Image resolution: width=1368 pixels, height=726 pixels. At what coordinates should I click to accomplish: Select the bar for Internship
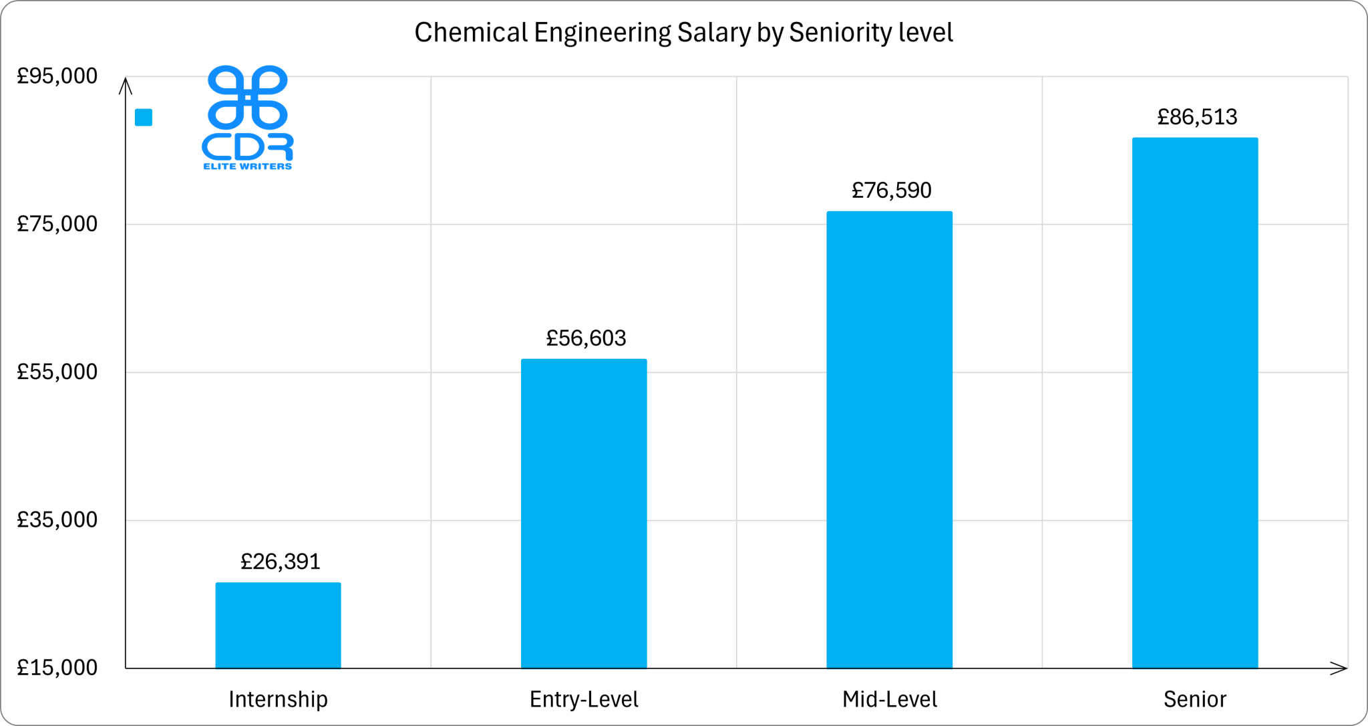(x=278, y=625)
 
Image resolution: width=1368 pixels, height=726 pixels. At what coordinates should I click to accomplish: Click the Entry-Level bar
(x=584, y=513)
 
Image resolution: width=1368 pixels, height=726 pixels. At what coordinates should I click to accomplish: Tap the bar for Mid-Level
(x=889, y=439)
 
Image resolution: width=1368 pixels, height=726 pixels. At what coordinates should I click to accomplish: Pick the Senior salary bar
(x=1195, y=402)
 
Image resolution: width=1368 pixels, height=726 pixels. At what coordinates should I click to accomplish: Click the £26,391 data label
(x=281, y=562)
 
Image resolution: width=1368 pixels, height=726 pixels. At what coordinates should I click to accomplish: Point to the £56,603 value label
(x=586, y=338)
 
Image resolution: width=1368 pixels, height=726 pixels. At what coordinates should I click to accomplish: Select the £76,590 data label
(x=891, y=191)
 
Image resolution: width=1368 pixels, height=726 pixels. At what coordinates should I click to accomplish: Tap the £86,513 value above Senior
(x=1197, y=117)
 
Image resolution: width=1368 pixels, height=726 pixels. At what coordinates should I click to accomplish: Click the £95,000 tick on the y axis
(x=57, y=76)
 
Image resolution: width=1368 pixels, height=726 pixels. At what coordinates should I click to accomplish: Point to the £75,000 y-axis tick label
(x=57, y=224)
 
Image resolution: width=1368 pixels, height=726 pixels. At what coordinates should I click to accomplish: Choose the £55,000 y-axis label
(x=57, y=372)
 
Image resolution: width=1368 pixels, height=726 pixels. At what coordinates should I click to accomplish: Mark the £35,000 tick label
(x=57, y=519)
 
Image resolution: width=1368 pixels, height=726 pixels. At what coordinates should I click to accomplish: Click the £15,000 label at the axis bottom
(x=57, y=667)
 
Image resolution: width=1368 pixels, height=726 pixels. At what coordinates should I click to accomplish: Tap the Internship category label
(x=278, y=699)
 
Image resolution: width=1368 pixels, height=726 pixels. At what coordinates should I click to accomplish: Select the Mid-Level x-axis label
(x=889, y=699)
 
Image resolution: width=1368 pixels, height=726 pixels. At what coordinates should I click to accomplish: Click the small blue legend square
(x=144, y=118)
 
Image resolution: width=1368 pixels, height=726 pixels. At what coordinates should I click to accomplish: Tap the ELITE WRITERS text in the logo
(x=247, y=166)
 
